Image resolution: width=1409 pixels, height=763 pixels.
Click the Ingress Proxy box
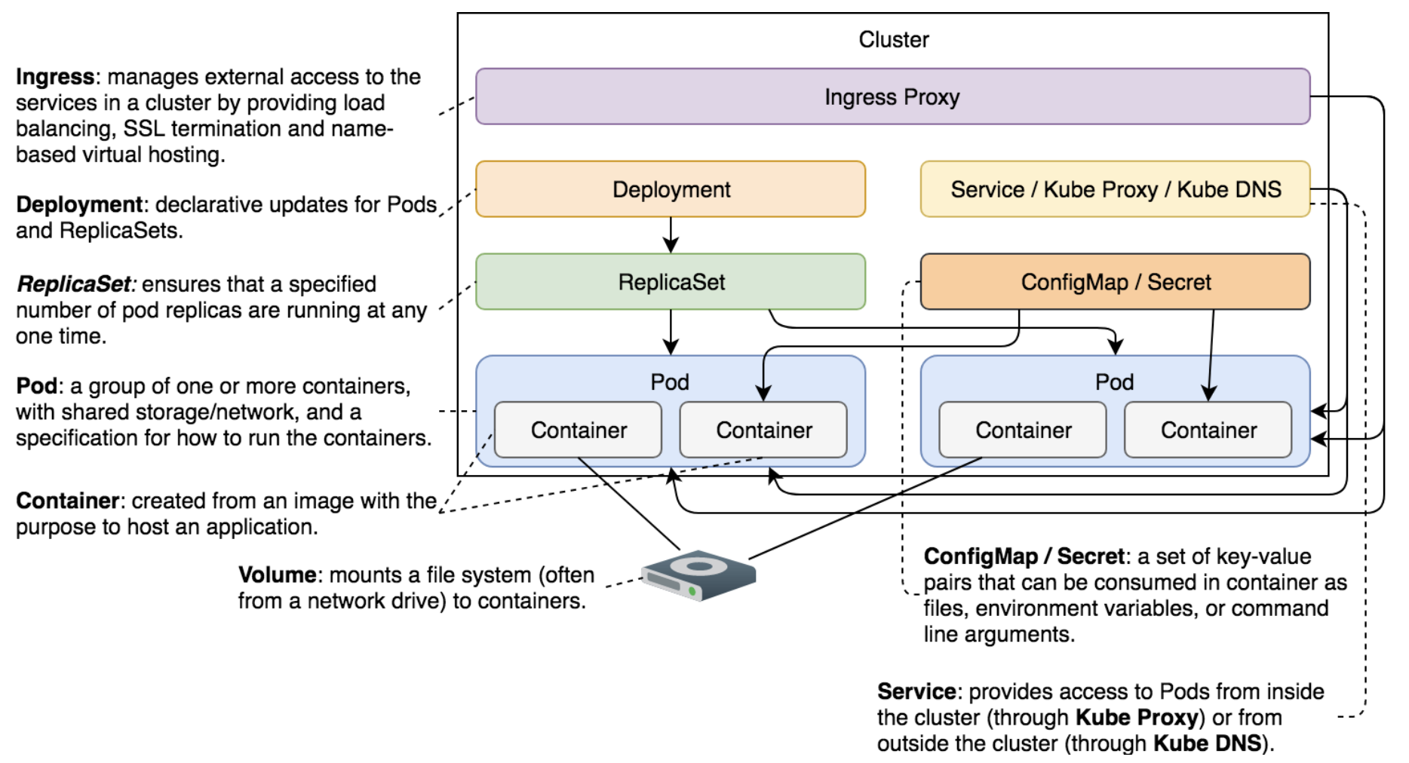892,97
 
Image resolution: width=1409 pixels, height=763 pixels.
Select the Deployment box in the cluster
671,189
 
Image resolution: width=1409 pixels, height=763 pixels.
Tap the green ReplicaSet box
671,282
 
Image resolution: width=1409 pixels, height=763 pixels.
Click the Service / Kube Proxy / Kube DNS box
1115,189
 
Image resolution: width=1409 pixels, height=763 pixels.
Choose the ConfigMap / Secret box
1115,282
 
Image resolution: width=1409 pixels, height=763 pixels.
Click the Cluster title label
894,39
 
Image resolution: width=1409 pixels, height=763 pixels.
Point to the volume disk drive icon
698,575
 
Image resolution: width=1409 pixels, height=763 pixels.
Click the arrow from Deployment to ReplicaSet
671,235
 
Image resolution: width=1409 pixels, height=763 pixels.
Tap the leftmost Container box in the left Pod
579,430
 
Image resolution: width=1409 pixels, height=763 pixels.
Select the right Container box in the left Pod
763,430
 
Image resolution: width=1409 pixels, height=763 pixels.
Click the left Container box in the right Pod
1023,430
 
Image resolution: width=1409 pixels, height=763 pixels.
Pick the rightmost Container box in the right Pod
1208,430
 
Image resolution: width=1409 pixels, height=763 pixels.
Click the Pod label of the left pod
670,382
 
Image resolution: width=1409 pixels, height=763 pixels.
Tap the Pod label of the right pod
1115,382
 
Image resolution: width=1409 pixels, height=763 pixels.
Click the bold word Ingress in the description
55,78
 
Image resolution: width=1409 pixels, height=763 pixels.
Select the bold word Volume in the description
277,575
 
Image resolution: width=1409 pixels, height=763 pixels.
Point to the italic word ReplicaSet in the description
74,284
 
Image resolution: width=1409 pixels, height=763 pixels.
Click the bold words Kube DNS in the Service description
1207,743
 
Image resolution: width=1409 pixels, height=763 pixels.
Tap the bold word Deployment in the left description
79,205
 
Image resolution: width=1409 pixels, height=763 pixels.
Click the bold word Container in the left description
68,501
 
